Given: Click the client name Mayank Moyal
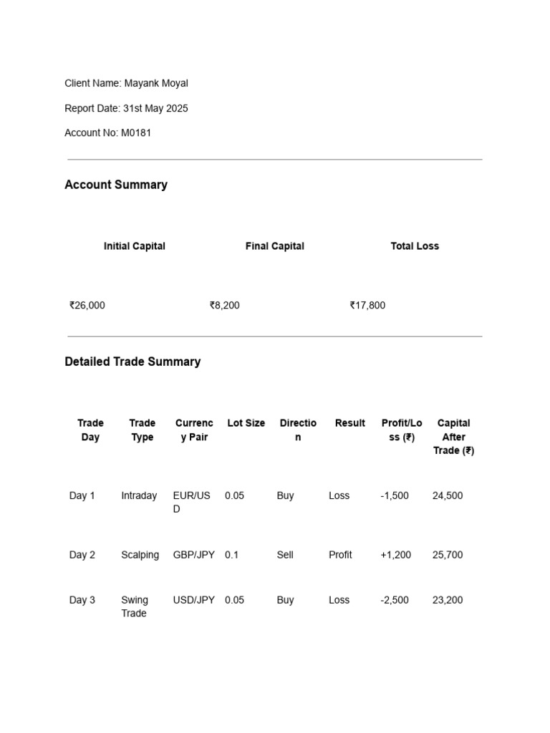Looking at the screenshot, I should pyautogui.click(x=156, y=83).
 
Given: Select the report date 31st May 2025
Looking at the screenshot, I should pyautogui.click(x=155, y=108).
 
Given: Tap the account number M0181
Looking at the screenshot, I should pyautogui.click(x=136, y=132).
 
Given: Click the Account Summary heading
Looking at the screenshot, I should pyautogui.click(x=116, y=185).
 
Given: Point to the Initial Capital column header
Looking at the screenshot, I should pyautogui.click(x=135, y=246).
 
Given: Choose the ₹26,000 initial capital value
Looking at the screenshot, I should pyautogui.click(x=87, y=305).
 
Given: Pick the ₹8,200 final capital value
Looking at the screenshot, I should pyautogui.click(x=225, y=305).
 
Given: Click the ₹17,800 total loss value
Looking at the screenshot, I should pyautogui.click(x=367, y=305).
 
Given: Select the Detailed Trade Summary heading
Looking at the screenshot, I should pyautogui.click(x=132, y=361).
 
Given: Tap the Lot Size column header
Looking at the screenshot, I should pyautogui.click(x=246, y=423).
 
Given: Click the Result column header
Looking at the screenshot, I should pyautogui.click(x=350, y=423).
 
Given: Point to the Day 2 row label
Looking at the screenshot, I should pyautogui.click(x=82, y=555).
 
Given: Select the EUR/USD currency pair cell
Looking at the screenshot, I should pyautogui.click(x=191, y=502).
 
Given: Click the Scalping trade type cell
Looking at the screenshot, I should pyautogui.click(x=140, y=555).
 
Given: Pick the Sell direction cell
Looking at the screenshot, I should pyautogui.click(x=285, y=555).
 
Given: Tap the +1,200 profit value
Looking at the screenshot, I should pyautogui.click(x=396, y=555).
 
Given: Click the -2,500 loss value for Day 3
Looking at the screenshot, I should pyautogui.click(x=395, y=600).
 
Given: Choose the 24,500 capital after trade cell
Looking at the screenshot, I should pyautogui.click(x=448, y=495).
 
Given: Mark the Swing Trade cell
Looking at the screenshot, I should pyautogui.click(x=135, y=606).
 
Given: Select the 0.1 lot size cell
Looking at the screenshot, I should pyautogui.click(x=232, y=555).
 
